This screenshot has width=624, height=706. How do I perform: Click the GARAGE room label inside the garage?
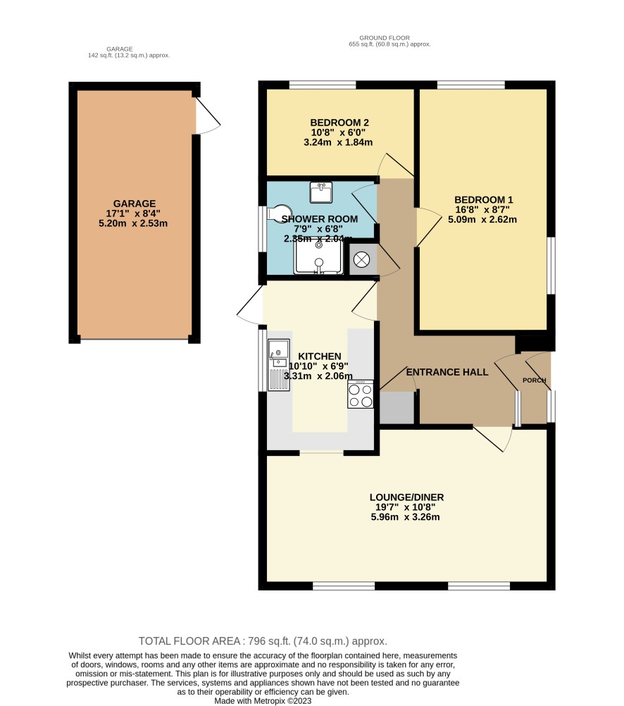point(134,204)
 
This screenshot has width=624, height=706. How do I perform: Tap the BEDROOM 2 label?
point(339,123)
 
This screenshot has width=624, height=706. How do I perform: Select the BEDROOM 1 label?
point(484,200)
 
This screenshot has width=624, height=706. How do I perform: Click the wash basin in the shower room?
point(321,192)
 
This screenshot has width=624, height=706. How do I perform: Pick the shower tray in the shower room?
point(318,258)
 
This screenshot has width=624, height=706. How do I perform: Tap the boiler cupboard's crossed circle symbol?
point(361,259)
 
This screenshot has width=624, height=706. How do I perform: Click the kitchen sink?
point(279,365)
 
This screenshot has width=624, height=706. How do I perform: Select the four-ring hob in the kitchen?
point(360,395)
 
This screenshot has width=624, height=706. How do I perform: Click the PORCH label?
point(535,380)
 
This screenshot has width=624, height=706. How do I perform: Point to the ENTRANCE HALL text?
point(447,372)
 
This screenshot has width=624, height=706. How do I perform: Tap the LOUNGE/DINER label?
point(406,497)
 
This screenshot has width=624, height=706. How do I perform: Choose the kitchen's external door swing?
point(250,305)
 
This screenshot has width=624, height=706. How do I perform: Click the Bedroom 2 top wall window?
point(323,85)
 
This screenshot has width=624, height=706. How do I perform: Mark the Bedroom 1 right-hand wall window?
point(551,266)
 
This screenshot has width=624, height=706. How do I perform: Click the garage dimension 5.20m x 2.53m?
point(133,223)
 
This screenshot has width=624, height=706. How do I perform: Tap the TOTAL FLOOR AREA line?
point(263,641)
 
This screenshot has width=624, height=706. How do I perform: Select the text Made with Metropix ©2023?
point(263,701)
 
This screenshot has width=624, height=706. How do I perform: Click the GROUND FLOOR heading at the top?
point(385,38)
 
